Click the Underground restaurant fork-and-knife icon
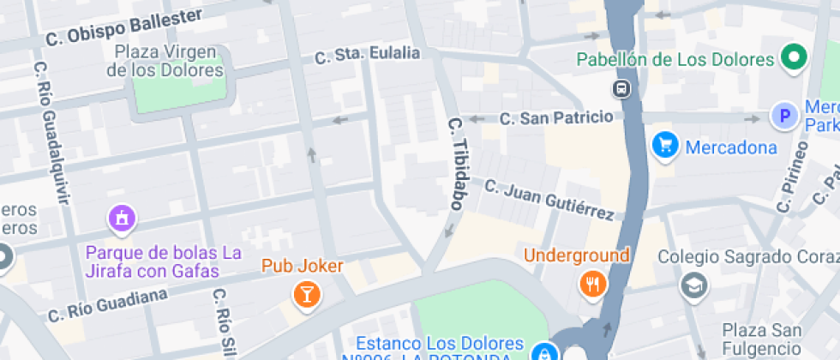click(592, 284)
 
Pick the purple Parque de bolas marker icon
click(121, 218)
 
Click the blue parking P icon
click(783, 116)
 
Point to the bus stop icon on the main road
click(621, 88)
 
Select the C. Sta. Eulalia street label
click(368, 56)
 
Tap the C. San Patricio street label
click(556, 117)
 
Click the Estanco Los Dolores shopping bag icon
click(543, 352)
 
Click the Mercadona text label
click(731, 147)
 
